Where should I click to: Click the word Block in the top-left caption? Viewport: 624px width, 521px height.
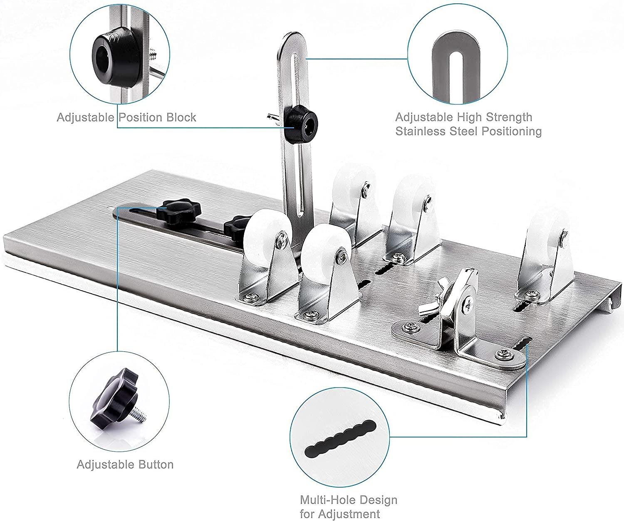(181, 117)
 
